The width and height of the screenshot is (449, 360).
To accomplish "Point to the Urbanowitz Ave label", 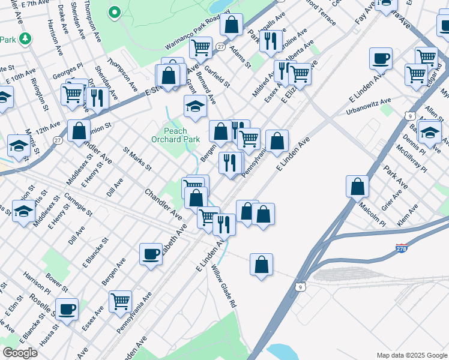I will point(369,107).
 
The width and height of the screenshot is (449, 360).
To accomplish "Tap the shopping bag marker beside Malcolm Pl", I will point(357,187).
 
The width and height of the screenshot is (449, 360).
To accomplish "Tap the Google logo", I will point(20,352).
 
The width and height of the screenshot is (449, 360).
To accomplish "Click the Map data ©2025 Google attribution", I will point(412,355).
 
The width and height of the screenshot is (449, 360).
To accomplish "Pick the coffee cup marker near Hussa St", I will point(67,309).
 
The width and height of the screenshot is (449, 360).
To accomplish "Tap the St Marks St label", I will point(137,158).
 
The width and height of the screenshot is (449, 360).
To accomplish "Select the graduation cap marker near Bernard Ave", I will point(195,106).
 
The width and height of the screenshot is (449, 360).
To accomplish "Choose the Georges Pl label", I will point(67,74).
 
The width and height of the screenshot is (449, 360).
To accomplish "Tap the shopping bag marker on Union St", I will point(79,131).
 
